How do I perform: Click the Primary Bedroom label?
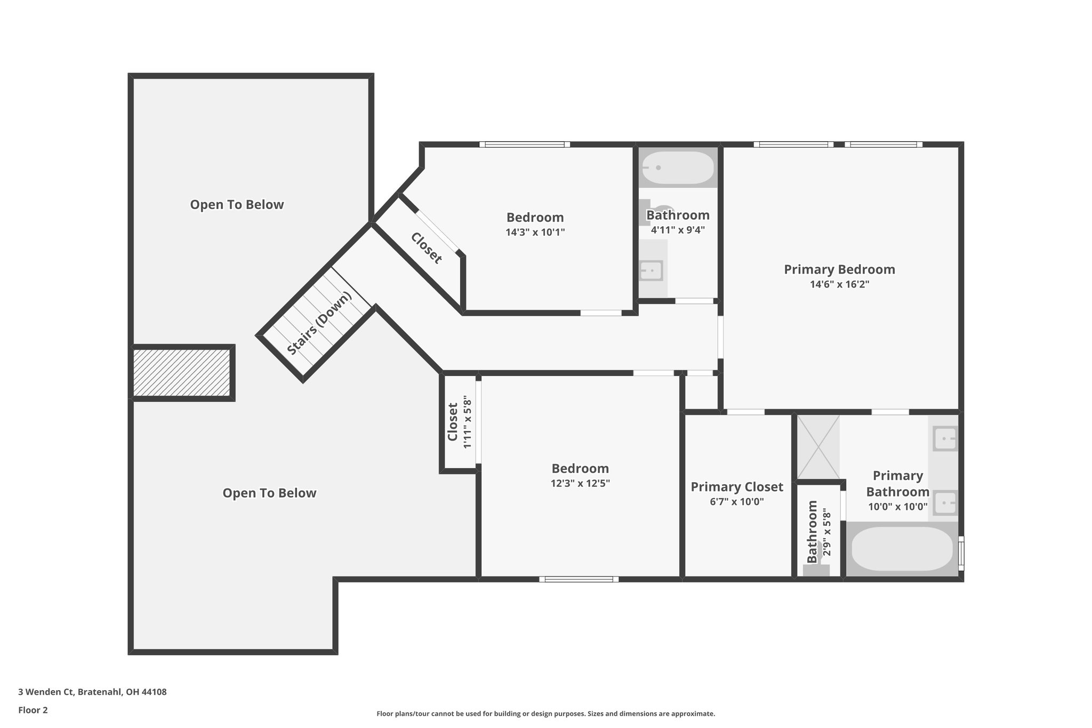click(x=839, y=269)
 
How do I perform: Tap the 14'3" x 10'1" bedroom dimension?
click(x=535, y=233)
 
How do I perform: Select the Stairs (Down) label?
click(x=319, y=324)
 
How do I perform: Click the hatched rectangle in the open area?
click(x=182, y=373)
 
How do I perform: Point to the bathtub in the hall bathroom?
click(x=677, y=167)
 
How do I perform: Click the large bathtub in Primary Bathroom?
click(x=902, y=549)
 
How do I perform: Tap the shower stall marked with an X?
click(x=818, y=447)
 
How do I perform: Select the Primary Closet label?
click(x=737, y=487)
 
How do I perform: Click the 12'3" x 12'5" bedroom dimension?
click(x=580, y=484)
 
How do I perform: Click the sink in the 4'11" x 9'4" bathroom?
click(x=651, y=271)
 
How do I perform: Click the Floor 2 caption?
click(x=33, y=710)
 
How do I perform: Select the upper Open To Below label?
click(x=237, y=205)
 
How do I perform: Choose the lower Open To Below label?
click(x=269, y=493)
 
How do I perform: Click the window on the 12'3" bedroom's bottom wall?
click(x=579, y=579)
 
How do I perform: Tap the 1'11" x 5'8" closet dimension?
click(x=468, y=422)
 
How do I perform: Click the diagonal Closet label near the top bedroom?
click(x=427, y=248)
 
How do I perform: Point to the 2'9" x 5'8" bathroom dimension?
click(x=826, y=532)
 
